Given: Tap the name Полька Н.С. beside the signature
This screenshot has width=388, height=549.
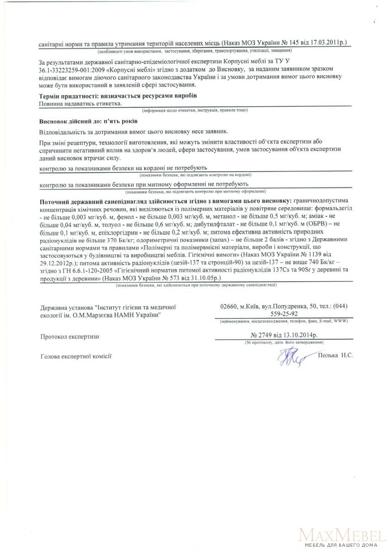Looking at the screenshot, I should (x=336, y=355).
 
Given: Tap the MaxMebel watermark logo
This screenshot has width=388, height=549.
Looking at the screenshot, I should (x=341, y=535).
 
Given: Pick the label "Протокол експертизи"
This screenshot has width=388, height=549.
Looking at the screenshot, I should (x=69, y=337).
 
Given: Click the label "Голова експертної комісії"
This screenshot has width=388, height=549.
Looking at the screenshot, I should (x=76, y=356).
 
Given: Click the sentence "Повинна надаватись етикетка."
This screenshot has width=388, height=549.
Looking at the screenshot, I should (x=81, y=103).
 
